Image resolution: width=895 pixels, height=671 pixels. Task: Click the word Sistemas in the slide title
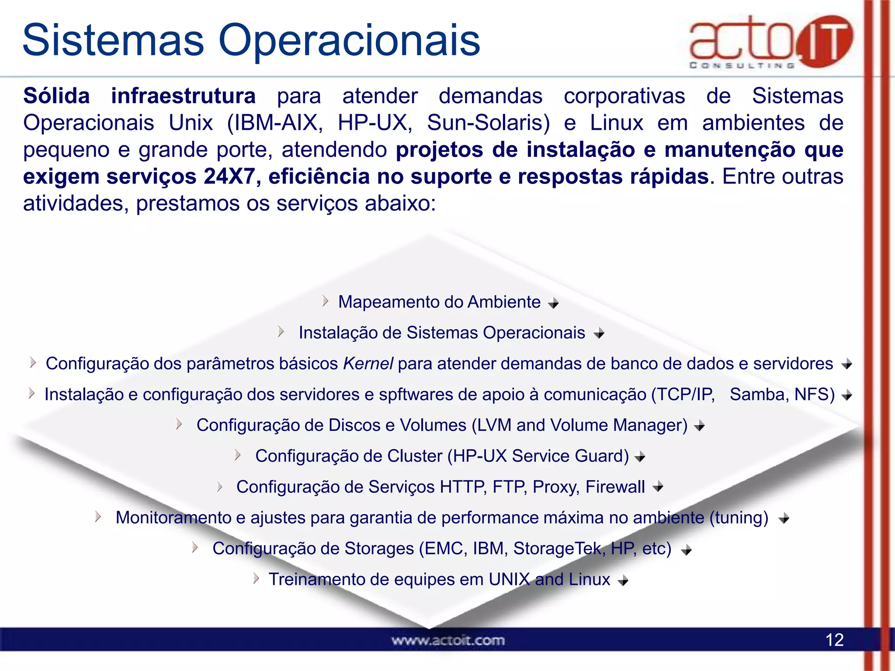click(113, 40)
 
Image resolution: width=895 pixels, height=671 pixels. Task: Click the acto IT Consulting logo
click(770, 42)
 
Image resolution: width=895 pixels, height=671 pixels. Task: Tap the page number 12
click(834, 640)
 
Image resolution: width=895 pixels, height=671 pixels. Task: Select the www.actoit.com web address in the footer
click(448, 640)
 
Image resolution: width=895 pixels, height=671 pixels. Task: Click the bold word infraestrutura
click(183, 96)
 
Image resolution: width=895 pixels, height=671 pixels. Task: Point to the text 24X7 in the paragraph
click(229, 176)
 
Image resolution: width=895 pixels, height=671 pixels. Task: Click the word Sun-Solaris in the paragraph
click(488, 123)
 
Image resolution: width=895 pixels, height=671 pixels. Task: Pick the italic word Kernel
click(368, 364)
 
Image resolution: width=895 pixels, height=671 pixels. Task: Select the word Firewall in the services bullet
click(615, 487)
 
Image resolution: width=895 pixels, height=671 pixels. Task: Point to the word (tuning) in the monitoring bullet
click(739, 518)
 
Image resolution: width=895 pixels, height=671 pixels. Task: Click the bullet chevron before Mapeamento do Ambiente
click(325, 301)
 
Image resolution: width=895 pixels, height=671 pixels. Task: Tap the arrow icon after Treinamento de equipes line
click(623, 581)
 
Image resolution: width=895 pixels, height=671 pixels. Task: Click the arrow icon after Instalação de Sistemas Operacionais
click(599, 334)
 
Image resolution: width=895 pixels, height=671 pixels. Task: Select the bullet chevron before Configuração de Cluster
click(238, 455)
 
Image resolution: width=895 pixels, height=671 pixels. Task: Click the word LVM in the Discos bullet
click(494, 425)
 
